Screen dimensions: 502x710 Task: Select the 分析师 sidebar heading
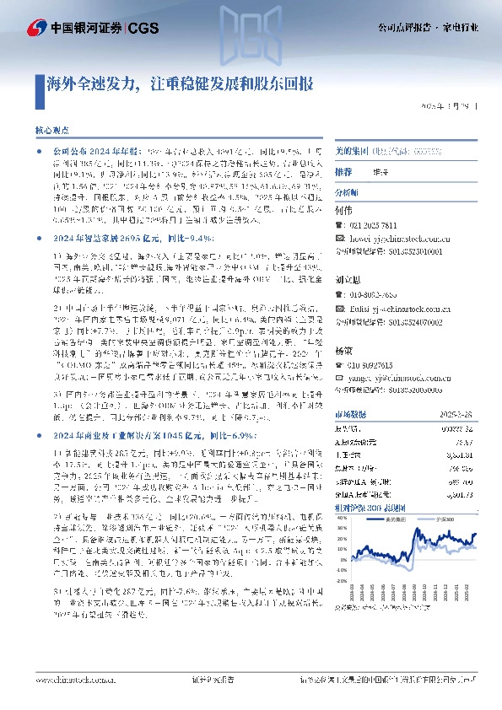pos(348,193)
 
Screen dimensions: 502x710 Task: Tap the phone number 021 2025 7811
pos(375,227)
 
